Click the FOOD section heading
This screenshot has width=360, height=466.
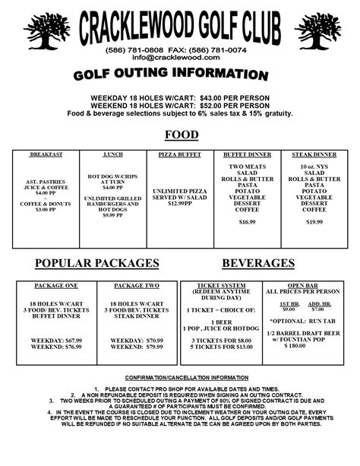pyautogui.click(x=182, y=135)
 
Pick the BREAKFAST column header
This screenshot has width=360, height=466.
pyautogui.click(x=46, y=154)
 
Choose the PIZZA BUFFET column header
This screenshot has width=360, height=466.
pyautogui.click(x=179, y=154)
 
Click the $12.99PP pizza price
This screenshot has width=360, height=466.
pyautogui.click(x=179, y=204)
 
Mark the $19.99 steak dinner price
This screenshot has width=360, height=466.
pyautogui.click(x=314, y=221)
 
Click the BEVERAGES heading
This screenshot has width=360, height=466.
pyautogui.click(x=258, y=263)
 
